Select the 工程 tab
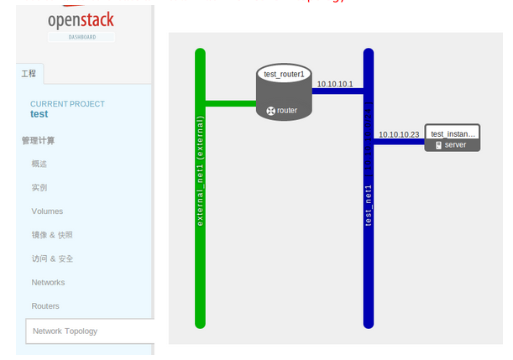point(29,74)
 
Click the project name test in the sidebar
point(39,114)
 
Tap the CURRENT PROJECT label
point(67,104)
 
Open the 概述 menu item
point(39,164)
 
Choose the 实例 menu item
point(39,187)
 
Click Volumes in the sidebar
point(47,211)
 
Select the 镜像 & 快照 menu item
point(52,235)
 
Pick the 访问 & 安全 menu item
point(52,258)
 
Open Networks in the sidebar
point(48,283)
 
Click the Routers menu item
point(45,306)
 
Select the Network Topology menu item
point(65,331)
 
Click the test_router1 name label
point(284,75)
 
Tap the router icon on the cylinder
point(270,111)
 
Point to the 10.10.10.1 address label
point(335,84)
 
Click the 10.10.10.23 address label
point(399,134)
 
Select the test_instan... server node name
point(453,133)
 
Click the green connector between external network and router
point(231,104)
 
